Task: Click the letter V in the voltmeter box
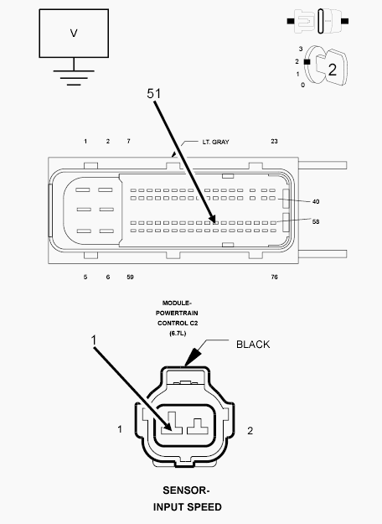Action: (x=74, y=33)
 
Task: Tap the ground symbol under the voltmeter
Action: (x=74, y=77)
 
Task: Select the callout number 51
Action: (x=153, y=94)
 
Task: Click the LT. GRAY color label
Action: (x=215, y=142)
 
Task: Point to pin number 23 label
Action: (x=274, y=142)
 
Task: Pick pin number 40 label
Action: (x=316, y=201)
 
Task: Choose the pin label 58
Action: (x=316, y=221)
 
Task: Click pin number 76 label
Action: (x=274, y=277)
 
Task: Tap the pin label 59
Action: (x=130, y=277)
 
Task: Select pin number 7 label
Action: (x=128, y=142)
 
